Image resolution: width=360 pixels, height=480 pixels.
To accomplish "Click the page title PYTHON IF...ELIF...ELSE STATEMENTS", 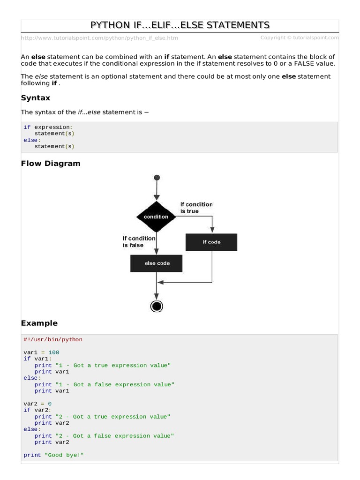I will [180, 25].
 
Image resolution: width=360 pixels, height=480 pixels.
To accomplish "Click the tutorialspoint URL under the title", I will [99, 38].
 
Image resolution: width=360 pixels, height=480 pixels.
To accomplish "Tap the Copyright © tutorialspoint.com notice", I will [300, 37].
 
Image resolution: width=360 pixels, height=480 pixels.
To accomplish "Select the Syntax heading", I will [36, 98].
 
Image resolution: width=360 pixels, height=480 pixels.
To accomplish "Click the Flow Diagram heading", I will [51, 164].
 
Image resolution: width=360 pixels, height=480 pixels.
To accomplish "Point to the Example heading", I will [39, 323].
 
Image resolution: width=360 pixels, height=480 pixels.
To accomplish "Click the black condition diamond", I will [156, 217].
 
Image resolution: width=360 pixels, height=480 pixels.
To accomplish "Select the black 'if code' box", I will [211, 242].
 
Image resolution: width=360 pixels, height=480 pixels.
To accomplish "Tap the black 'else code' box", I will [157, 263].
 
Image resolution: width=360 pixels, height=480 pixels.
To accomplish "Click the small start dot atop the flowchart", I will [157, 178].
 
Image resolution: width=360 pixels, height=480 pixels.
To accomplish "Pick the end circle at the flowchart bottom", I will [157, 306].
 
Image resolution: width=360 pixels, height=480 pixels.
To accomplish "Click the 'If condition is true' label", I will [196, 208].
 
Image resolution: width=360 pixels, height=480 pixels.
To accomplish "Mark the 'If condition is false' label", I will [139, 242].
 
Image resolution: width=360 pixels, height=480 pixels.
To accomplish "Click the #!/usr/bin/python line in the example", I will [53, 339].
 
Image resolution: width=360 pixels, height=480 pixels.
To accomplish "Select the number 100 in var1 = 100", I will [53, 352].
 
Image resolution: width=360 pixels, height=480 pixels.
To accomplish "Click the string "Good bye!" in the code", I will [64, 455].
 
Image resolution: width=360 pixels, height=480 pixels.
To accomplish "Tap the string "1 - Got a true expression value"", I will [113, 365].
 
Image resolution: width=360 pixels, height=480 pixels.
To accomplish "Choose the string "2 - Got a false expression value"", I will [114, 436].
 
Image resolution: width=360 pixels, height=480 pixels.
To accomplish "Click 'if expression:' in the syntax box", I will [48, 127].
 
